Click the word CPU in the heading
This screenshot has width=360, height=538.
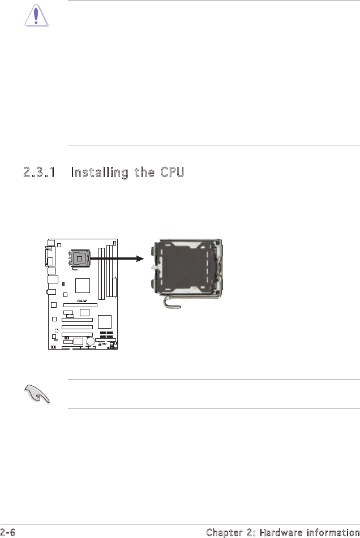point(171,173)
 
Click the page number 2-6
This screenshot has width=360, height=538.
point(7,532)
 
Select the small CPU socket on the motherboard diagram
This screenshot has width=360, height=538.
point(79,259)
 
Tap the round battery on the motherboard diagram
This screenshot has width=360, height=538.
point(90,341)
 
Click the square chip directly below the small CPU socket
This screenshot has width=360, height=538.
point(82,286)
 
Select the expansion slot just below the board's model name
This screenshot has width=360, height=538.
point(80,305)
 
